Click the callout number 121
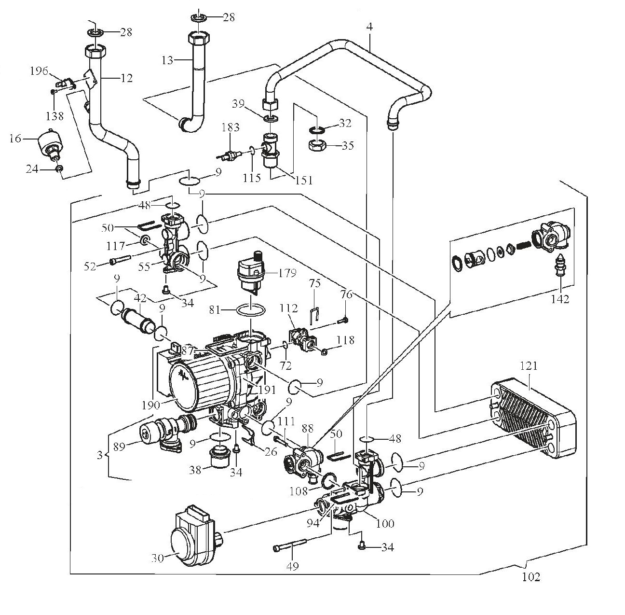tap(529, 366)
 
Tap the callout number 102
tap(530, 576)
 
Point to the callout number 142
tap(560, 299)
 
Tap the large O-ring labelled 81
tap(251, 310)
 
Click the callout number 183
tap(231, 128)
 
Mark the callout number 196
tap(39, 71)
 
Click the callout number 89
tap(119, 447)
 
